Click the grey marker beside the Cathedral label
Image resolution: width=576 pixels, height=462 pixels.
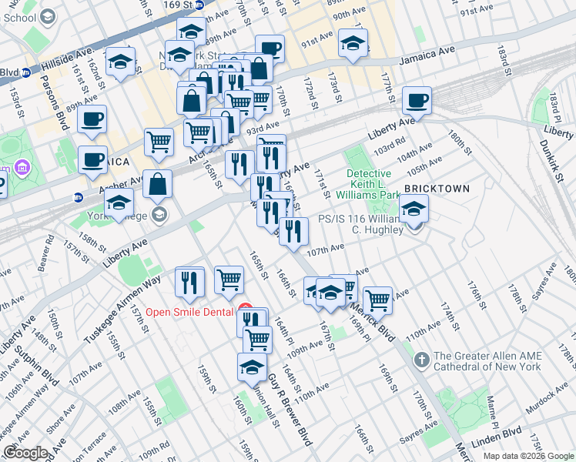(x=421, y=360)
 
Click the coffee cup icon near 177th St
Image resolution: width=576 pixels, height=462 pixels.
(x=417, y=100)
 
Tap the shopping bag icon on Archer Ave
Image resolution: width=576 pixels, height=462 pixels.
(x=158, y=184)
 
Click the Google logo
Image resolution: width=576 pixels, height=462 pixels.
(x=26, y=453)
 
